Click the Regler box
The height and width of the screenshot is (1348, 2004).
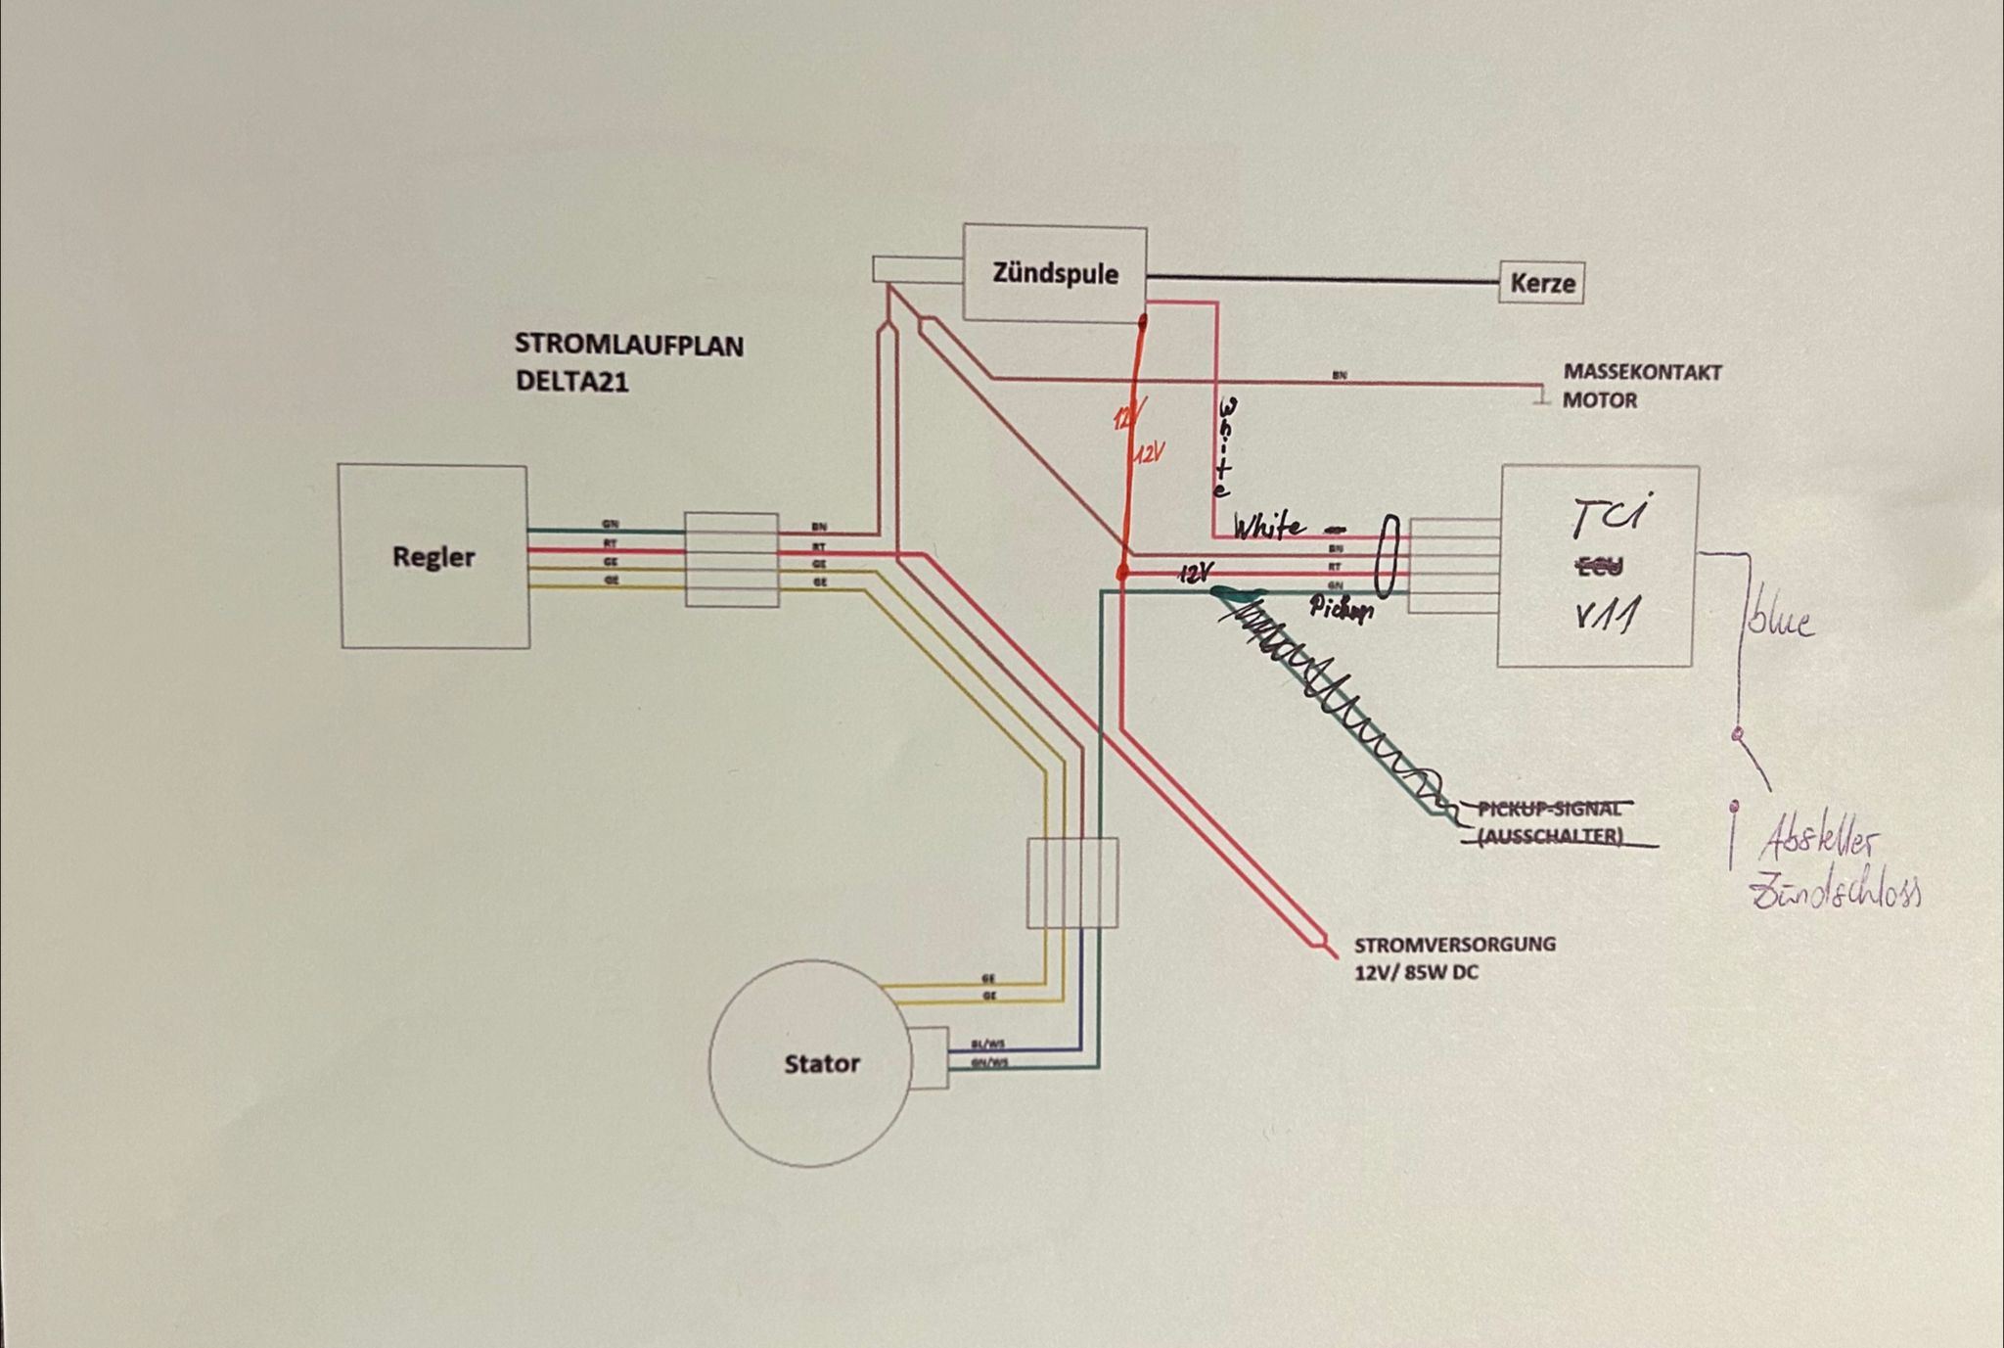pos(433,556)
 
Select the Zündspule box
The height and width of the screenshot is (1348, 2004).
pos(1055,272)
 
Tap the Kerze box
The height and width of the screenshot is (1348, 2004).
pos(1542,284)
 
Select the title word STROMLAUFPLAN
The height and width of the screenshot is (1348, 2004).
pos(628,346)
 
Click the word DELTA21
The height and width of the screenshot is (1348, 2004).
pos(572,382)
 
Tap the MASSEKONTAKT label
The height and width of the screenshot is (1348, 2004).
pos(1642,373)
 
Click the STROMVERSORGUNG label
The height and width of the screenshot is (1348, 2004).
pos(1454,945)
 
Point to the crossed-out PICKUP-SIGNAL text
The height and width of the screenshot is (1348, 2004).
pos(1549,809)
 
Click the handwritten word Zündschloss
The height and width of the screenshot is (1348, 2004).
pos(1835,894)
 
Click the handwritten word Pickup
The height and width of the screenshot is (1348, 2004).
pos(1342,609)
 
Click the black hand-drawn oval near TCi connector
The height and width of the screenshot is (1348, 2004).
pos(1388,556)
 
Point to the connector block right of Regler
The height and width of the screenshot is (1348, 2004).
pos(731,559)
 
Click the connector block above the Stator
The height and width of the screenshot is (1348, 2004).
pos(1072,883)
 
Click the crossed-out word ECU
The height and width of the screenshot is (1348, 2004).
pos(1601,566)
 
